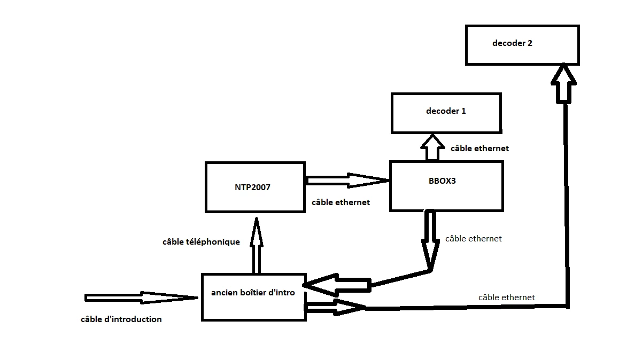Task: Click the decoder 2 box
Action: [522, 45]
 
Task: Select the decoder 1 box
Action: [446, 113]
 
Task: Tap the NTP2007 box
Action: [255, 187]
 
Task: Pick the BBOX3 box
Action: [446, 186]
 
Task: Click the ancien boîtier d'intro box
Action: [253, 297]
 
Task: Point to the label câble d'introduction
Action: [121, 319]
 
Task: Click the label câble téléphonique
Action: [201, 242]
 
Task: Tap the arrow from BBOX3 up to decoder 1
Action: [432, 147]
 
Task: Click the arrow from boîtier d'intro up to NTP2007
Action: [257, 246]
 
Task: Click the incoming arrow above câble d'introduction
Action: [142, 298]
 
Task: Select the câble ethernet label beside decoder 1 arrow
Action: [479, 148]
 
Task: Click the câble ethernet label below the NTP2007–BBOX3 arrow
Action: [341, 203]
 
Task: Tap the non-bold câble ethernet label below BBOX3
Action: [473, 239]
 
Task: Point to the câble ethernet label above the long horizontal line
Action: [506, 298]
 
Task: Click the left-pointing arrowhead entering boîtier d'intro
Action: [326, 286]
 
